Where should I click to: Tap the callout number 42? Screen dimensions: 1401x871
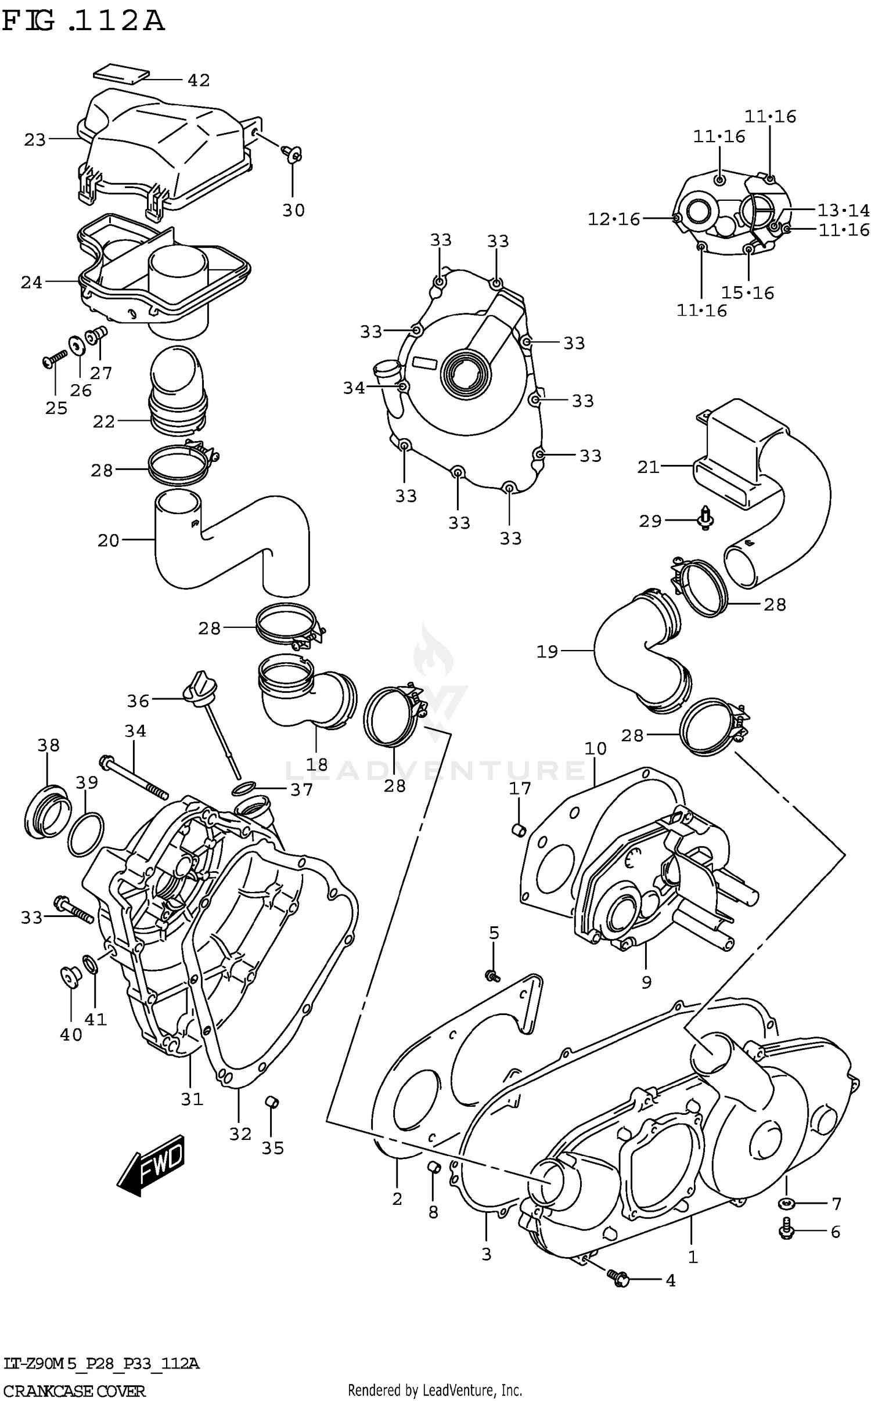pos(198,80)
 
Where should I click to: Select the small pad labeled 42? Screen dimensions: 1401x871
pos(121,74)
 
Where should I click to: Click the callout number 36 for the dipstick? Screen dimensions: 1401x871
pos(138,701)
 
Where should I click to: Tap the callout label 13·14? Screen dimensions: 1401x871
pos(843,210)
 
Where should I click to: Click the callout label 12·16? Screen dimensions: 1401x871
pos(613,219)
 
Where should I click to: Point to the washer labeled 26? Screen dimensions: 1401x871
pos(76,346)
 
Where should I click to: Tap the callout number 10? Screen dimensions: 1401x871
pos(595,749)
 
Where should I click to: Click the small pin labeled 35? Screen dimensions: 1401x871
pos(271,1101)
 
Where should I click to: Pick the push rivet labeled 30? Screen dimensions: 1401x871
pos(293,154)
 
